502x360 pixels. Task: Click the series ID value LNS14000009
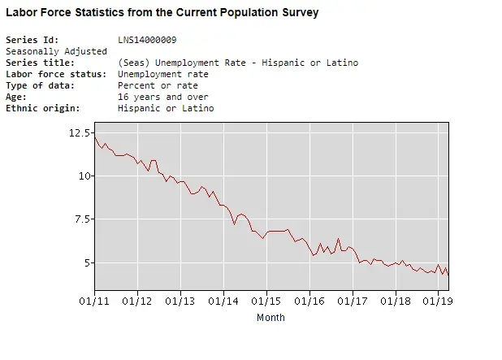point(148,40)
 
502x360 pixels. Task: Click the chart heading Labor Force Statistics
point(162,13)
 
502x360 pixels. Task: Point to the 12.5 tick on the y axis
point(80,132)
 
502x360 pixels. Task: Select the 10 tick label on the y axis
point(84,176)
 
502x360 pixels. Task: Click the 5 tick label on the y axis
point(87,262)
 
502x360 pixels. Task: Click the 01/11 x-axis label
point(94,301)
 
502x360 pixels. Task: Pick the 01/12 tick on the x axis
point(137,301)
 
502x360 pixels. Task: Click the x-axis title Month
point(270,318)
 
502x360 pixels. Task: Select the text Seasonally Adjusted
point(56,51)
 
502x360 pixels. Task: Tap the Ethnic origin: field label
point(42,108)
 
